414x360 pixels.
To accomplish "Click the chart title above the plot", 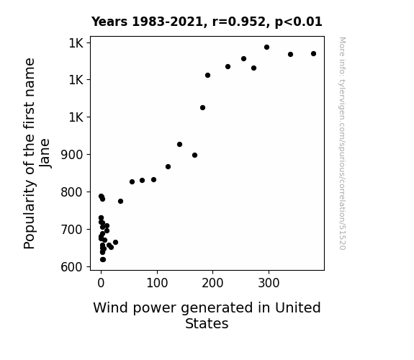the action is [207, 22].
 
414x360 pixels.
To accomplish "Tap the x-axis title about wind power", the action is [207, 315].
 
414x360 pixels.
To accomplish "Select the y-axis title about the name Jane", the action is [37, 153].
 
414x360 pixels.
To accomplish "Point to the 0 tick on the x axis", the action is [101, 283].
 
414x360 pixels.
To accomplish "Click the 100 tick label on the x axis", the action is [157, 283].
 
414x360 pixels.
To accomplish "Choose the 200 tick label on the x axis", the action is [212, 283].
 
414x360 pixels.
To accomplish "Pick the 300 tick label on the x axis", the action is [269, 283].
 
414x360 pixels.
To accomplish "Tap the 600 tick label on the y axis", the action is [71, 267].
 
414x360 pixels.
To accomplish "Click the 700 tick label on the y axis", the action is [71, 230].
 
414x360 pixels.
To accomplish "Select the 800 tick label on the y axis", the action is [71, 192].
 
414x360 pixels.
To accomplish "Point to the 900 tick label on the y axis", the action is [71, 155].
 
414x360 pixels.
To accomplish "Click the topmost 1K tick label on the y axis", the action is [76, 43].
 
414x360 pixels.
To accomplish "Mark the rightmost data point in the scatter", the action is [313, 53].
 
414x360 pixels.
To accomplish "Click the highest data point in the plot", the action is [266, 47].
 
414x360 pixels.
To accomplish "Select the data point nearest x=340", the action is [290, 55].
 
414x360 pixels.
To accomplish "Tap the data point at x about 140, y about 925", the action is [179, 144].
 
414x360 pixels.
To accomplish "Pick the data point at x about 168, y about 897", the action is [194, 155].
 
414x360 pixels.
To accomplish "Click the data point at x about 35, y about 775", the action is [120, 202].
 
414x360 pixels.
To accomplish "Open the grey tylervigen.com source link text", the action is [342, 143].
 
